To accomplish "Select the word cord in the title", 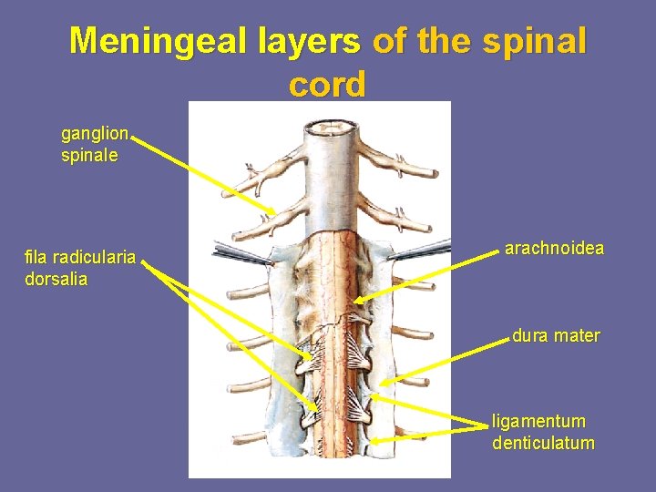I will pos(327,84).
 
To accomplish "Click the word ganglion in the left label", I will pos(95,134).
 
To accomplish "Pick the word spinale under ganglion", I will pos(89,155).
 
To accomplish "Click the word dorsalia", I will pos(56,279).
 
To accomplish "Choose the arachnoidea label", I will pos(554,248).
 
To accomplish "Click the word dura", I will pos(530,335).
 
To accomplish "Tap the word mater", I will pos(578,335).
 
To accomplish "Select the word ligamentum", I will pos(538,422).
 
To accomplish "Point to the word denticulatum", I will pos(543,444).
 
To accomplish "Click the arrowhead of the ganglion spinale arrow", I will pos(272,214).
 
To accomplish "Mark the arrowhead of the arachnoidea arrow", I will pos(355,301).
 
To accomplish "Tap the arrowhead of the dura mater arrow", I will pos(384,385).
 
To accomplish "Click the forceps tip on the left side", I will pos(271,262).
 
